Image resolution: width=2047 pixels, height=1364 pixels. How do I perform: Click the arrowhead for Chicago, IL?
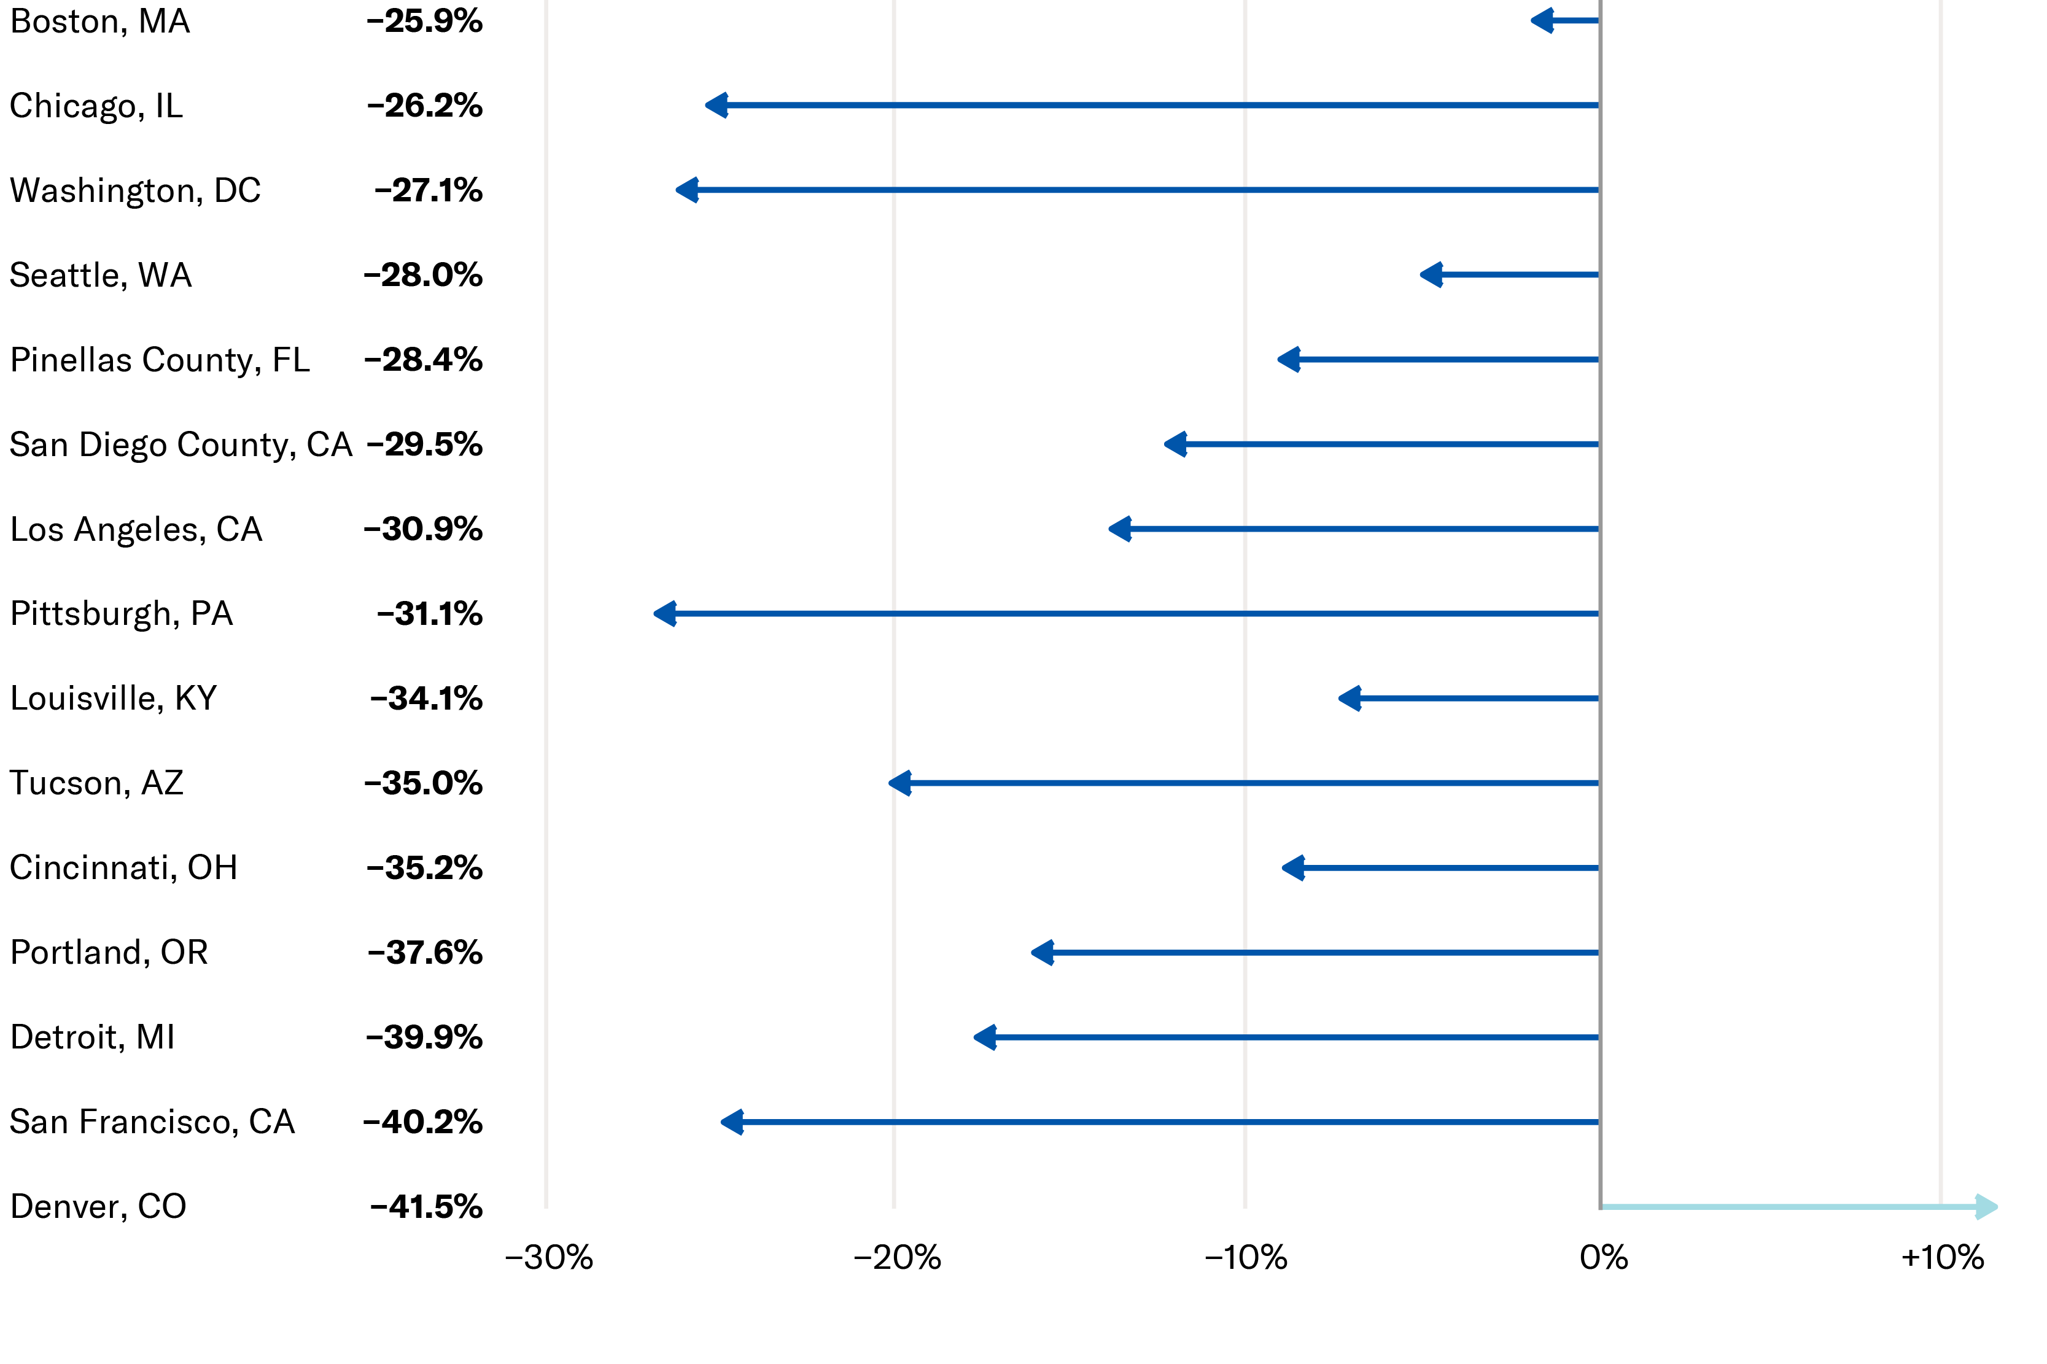pos(716,105)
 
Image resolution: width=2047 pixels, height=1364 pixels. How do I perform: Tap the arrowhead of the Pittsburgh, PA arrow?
pos(665,613)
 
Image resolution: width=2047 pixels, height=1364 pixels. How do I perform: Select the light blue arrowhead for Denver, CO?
pos(1986,1207)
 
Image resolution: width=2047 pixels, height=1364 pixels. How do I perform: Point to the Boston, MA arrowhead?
pos(1542,20)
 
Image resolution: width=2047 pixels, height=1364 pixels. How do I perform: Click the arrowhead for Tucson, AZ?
pos(899,783)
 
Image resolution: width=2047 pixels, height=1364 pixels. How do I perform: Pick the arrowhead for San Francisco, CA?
pos(732,1122)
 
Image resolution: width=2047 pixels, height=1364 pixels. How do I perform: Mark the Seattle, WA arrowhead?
pos(1431,275)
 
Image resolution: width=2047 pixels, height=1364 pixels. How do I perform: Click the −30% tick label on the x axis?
pos(549,1258)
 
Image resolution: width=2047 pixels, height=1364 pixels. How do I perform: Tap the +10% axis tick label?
pos(1943,1258)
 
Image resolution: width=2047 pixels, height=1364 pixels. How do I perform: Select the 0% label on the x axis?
pos(1603,1258)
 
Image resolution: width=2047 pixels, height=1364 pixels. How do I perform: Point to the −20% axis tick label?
pos(897,1258)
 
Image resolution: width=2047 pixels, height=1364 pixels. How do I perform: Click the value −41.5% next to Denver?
pos(425,1207)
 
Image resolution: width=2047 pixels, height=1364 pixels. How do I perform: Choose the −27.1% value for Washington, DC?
pos(428,190)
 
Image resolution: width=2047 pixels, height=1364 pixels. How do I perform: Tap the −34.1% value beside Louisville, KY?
pos(425,698)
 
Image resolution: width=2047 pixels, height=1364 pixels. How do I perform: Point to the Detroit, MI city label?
pos(92,1037)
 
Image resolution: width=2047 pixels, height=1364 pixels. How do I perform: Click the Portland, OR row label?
pos(109,953)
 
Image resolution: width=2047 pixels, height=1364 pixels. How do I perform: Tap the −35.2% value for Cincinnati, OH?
pos(424,867)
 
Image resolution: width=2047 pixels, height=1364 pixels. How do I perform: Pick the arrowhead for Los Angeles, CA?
pos(1120,529)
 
